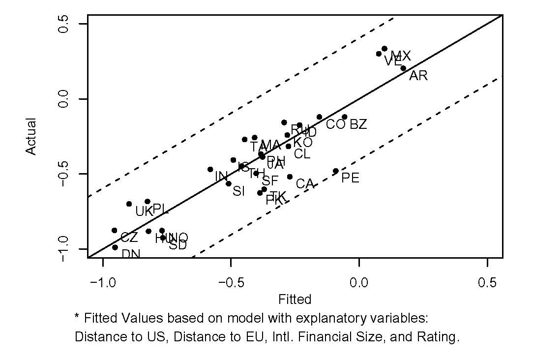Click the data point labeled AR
[403, 68]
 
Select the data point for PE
[336, 171]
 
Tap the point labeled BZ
[345, 117]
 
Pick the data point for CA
[290, 177]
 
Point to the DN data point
[115, 247]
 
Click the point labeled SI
[228, 183]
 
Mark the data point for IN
[210, 169]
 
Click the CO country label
[335, 125]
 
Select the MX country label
[401, 56]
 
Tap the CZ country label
[129, 238]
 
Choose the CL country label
[302, 154]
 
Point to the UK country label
[145, 212]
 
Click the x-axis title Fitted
[295, 300]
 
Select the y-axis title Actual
[31, 136]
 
